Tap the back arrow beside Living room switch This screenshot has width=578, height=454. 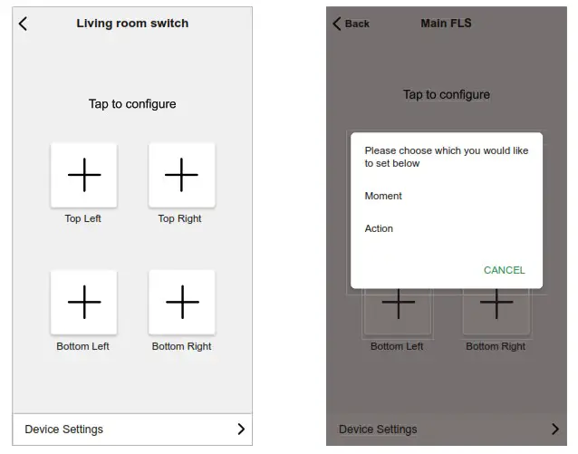point(24,24)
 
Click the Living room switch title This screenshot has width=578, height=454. point(132,24)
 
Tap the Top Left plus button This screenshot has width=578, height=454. point(83,174)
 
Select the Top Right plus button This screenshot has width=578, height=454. point(181,174)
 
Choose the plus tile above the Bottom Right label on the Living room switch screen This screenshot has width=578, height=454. point(181,302)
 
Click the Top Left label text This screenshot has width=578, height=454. point(83,218)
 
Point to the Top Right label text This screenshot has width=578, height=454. point(179,218)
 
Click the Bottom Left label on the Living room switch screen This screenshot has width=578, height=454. point(82,346)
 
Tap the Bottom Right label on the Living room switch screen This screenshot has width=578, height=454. point(181,346)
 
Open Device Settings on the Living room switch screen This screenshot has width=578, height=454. point(64,430)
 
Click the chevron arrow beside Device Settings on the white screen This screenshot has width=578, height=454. point(241,430)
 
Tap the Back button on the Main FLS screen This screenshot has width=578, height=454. point(352,24)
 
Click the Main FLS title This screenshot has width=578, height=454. point(446,24)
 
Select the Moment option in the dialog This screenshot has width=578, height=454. point(383,196)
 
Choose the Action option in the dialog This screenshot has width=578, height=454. point(379,228)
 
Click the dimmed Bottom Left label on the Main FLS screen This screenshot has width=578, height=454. point(397,346)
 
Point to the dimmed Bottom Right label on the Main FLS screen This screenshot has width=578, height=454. point(496,346)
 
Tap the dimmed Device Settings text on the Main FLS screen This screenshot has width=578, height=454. point(378,430)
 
